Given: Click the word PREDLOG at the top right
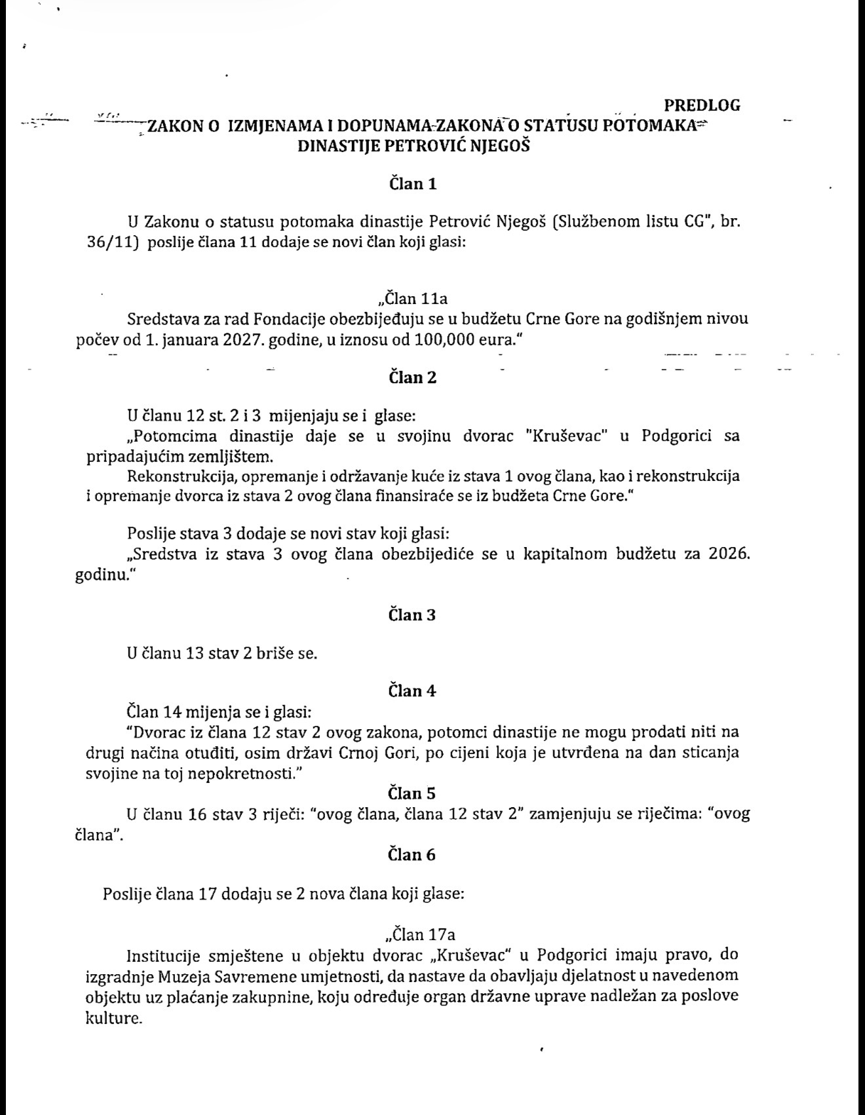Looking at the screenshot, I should (702, 105).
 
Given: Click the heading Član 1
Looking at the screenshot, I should (413, 183).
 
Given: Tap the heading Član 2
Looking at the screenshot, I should (413, 377).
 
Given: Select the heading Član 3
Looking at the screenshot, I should (413, 614).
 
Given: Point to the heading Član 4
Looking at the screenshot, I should (413, 690).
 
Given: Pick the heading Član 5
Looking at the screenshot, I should (413, 793).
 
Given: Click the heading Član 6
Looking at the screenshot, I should (413, 854).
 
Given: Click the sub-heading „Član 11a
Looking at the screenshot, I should (413, 299).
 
